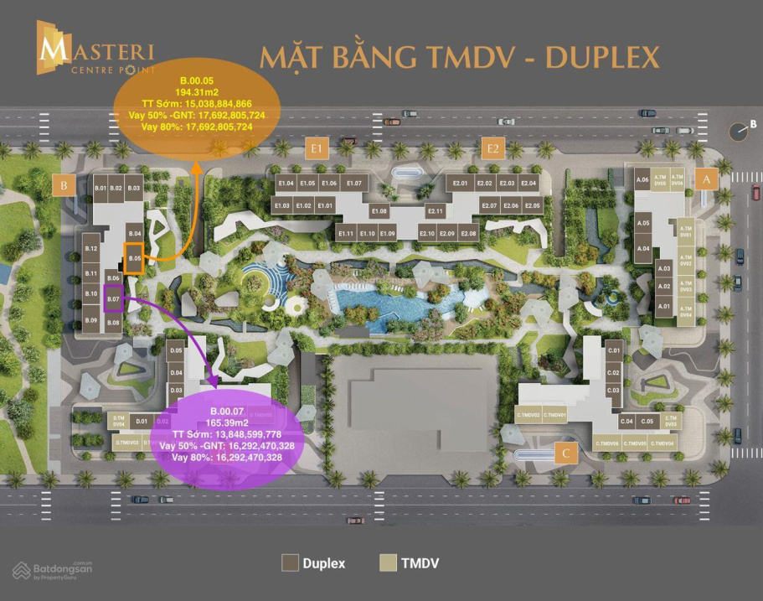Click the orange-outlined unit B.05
pyautogui.click(x=134, y=258)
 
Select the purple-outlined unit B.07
pyautogui.click(x=114, y=298)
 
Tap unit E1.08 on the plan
pyautogui.click(x=379, y=211)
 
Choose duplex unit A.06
pyautogui.click(x=642, y=179)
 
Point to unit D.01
pyautogui.click(x=142, y=421)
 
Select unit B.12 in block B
pyautogui.click(x=92, y=249)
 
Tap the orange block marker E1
pyautogui.click(x=317, y=149)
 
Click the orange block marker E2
pyautogui.click(x=493, y=149)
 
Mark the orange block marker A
pyautogui.click(x=706, y=179)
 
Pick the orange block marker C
pyautogui.click(x=567, y=454)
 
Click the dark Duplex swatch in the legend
pyautogui.click(x=291, y=562)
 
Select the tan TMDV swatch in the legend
pyautogui.click(x=388, y=562)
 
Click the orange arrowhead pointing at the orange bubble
pyautogui.click(x=198, y=168)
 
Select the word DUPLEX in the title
pyautogui.click(x=602, y=57)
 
